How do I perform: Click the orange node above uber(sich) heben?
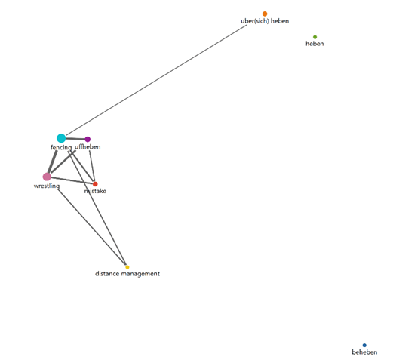coord(265,14)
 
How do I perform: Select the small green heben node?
coord(315,37)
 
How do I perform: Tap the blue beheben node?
coord(364,346)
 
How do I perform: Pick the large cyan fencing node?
coord(61,138)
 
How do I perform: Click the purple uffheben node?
coord(88,139)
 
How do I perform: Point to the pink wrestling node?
coord(47,177)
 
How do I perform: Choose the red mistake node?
coord(95,184)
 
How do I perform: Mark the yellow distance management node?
coord(127,267)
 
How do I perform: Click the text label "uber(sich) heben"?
coord(265,21)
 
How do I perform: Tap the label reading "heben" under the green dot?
coord(315,44)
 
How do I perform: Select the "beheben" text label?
coord(364,352)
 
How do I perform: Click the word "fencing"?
coord(61,147)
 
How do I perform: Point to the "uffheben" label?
coord(88,147)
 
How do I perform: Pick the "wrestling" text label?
coord(47,186)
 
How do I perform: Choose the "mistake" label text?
coord(95,191)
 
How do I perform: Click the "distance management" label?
coord(127,274)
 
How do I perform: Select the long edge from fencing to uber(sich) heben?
coord(156,80)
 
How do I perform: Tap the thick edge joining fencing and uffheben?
coord(75,139)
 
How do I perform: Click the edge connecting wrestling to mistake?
coord(72,180)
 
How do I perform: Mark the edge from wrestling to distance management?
coord(92,227)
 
